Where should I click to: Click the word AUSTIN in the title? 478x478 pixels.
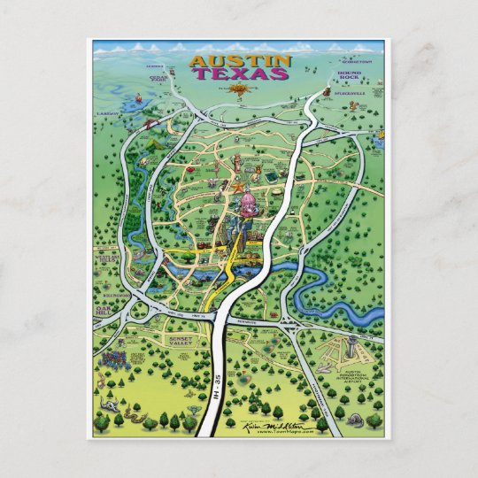pyautogui.click(x=240, y=61)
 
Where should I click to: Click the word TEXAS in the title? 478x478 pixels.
pyautogui.click(x=240, y=74)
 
